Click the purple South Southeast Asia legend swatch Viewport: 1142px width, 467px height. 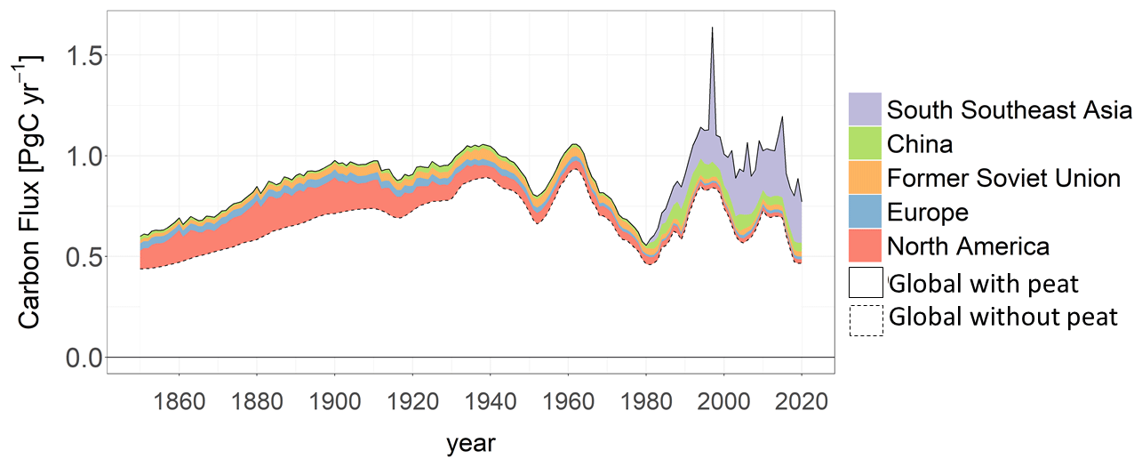(x=865, y=109)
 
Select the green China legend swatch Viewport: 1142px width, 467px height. (x=865, y=143)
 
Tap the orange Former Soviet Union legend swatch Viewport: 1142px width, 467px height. (x=865, y=177)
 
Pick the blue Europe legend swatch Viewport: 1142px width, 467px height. (x=865, y=212)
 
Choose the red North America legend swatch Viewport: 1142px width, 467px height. (x=865, y=246)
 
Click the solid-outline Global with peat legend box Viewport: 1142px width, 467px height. (x=866, y=283)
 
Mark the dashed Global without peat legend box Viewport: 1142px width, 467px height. (x=866, y=319)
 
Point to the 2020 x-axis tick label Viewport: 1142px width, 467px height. (x=802, y=401)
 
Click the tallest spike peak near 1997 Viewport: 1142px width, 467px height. (x=712, y=28)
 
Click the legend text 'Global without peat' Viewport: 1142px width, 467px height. (x=1003, y=317)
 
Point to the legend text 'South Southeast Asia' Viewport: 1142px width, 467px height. (x=1010, y=110)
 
